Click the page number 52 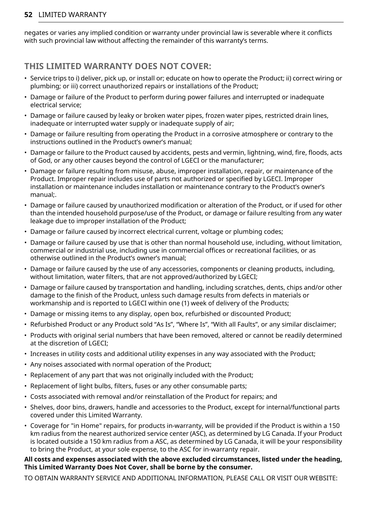point(28,15)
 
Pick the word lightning point(259,153)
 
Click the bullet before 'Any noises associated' point(26,365)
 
